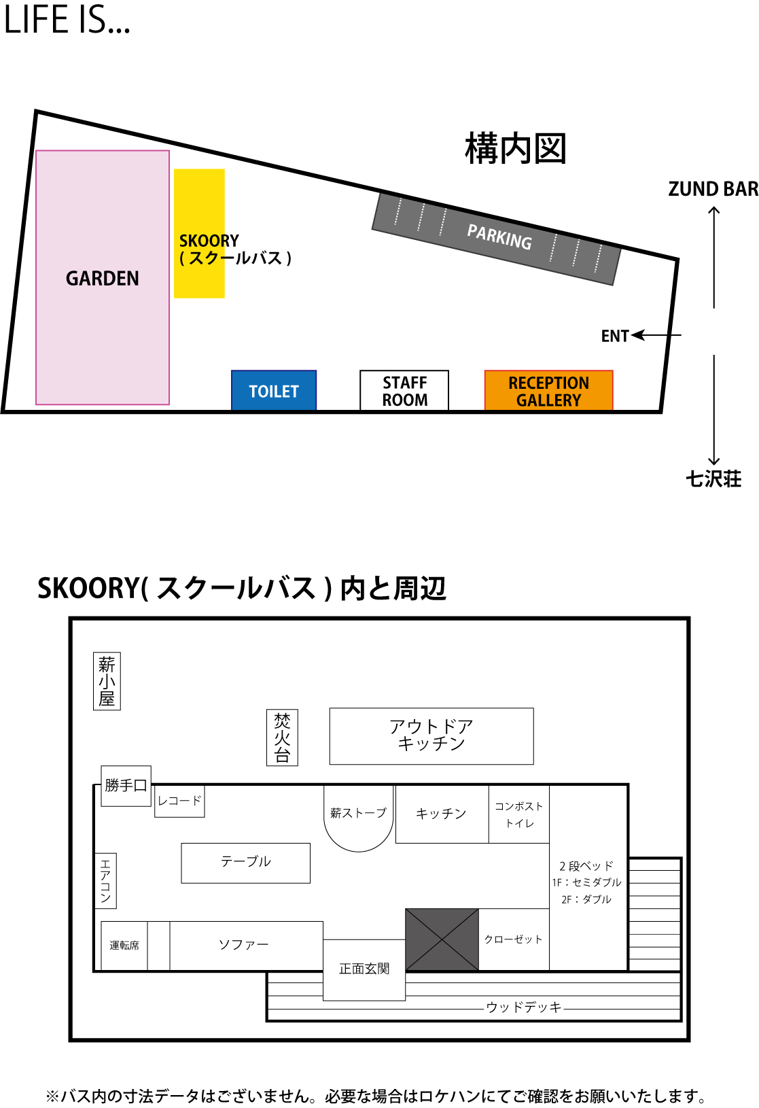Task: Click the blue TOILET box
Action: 274,390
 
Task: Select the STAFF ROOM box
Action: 404,390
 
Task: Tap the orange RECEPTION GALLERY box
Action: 549,390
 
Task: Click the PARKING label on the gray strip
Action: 499,237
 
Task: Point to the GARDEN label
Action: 103,279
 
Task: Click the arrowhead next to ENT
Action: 638,335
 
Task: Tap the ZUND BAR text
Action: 713,189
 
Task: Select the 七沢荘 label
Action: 713,479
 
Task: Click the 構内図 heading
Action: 515,148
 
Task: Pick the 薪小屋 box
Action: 107,681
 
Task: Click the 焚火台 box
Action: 282,738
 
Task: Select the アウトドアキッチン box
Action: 431,736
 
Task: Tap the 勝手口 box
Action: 126,786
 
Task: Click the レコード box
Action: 179,801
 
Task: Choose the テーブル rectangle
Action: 246,863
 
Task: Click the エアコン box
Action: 106,880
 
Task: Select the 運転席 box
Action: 124,946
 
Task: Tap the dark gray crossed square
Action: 442,939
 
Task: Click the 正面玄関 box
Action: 364,969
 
